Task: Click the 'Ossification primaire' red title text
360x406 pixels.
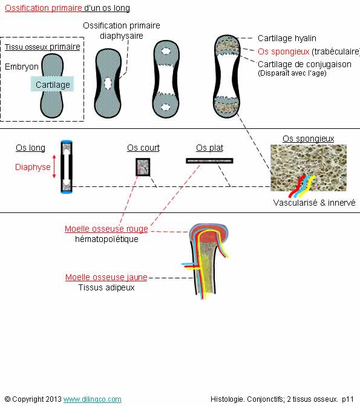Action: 44,8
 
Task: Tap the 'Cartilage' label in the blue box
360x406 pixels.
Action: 53,85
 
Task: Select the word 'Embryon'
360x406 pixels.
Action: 22,67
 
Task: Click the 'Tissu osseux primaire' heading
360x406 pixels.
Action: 42,47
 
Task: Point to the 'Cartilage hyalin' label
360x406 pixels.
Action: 287,38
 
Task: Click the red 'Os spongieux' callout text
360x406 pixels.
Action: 284,51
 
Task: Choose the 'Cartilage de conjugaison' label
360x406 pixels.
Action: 304,64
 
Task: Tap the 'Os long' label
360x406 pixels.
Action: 30,148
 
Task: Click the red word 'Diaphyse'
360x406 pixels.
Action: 33,167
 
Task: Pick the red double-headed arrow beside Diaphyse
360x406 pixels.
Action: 54,166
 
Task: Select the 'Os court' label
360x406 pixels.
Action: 143,148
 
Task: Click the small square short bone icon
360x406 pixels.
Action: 143,167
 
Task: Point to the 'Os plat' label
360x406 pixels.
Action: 209,148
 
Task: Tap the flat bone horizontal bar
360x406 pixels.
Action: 209,161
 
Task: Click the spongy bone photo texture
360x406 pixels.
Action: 309,168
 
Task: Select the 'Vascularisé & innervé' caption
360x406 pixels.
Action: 315,203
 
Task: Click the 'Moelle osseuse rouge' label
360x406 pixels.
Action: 106,229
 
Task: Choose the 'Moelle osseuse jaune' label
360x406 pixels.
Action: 106,277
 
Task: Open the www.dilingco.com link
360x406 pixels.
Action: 92,399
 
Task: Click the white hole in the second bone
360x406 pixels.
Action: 108,84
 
